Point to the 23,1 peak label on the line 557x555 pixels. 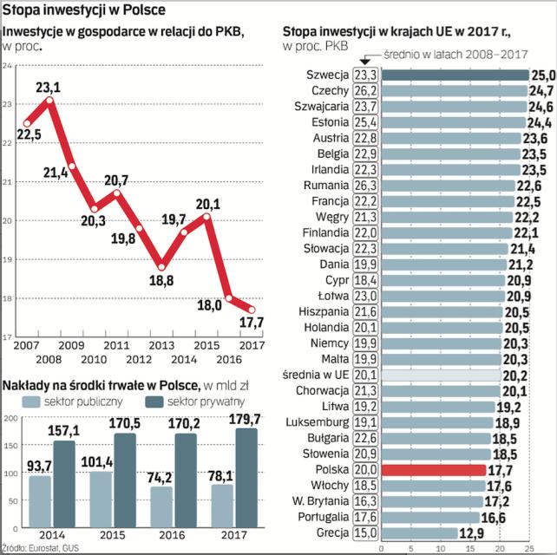tap(48, 88)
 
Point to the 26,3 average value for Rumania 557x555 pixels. tap(364, 186)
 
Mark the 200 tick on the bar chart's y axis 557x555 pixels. tap(10, 418)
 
